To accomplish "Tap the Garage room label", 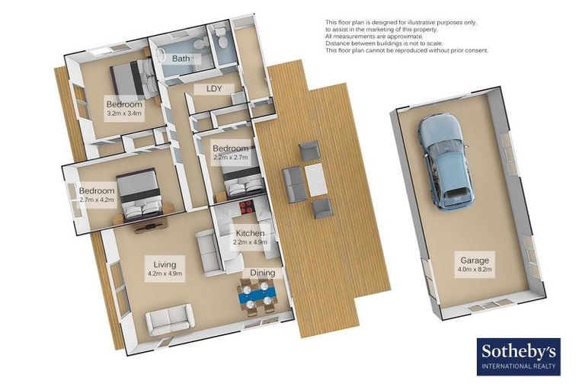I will (x=475, y=260).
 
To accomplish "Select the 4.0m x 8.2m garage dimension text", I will (x=475, y=270).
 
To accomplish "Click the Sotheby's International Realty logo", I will (x=519, y=356).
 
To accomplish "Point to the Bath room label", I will (x=181, y=59).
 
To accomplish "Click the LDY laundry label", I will (x=213, y=89).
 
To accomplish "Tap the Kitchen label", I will (x=250, y=233).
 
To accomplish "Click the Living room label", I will (x=164, y=264).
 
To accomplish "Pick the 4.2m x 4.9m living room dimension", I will (x=164, y=273).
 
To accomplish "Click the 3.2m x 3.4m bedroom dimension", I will (x=123, y=113).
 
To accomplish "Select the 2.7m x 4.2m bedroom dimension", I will (x=97, y=200).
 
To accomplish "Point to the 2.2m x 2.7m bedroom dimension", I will (x=230, y=158).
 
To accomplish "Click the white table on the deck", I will (x=315, y=181).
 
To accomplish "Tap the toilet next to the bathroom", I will (x=222, y=40).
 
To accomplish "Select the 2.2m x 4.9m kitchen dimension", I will (x=250, y=243).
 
